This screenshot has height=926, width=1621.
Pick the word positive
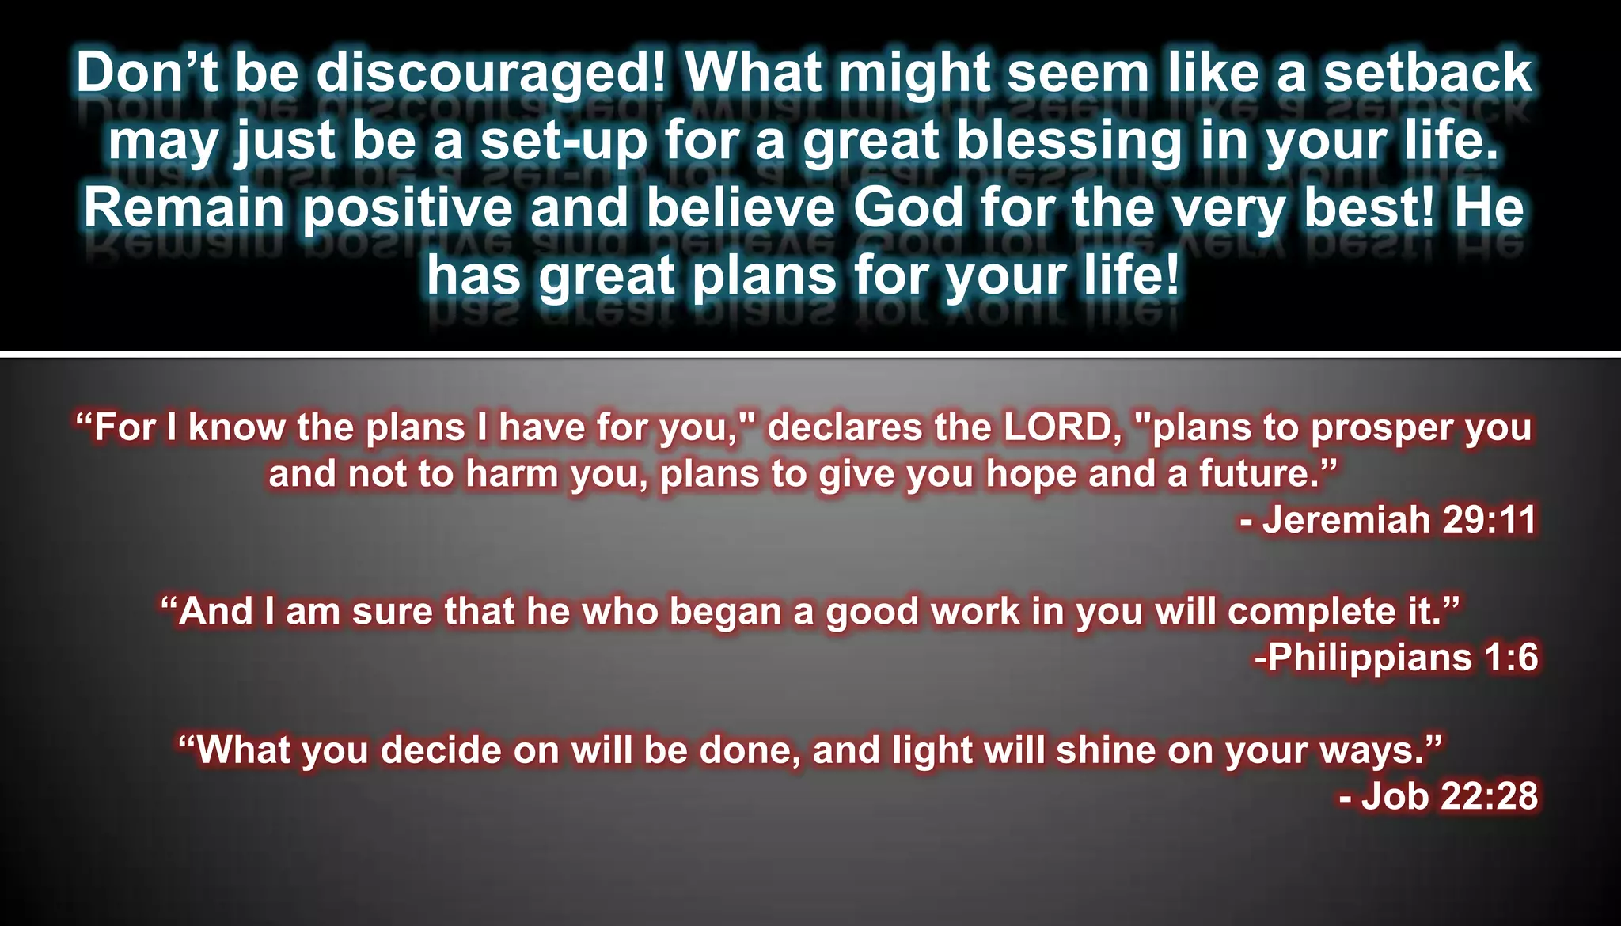tap(408, 208)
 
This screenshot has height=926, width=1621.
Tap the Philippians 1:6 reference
tap(1396, 658)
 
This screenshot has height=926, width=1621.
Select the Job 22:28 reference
tap(1438, 795)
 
